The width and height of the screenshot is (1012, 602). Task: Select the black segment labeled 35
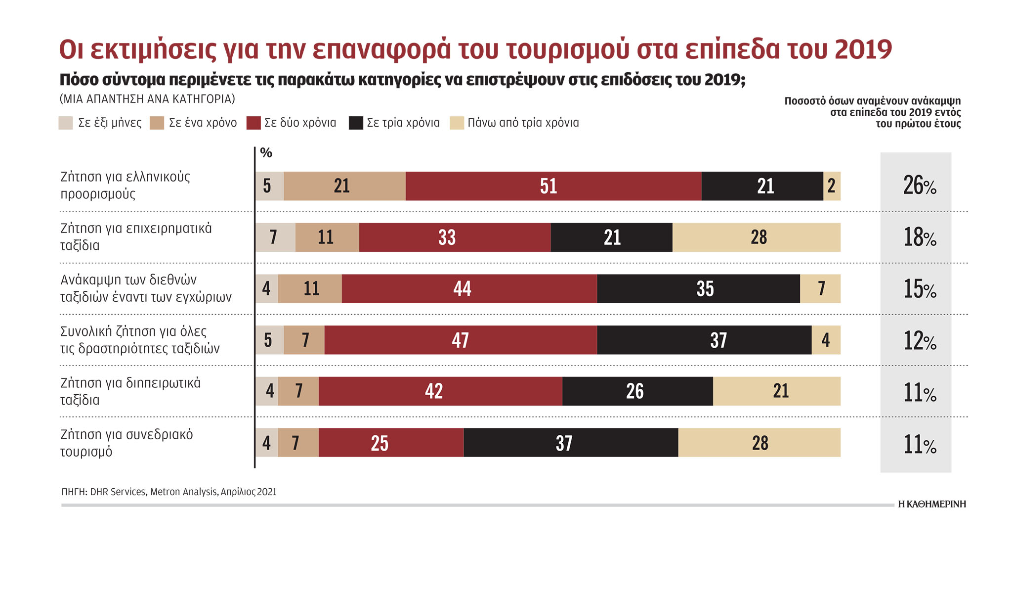pos(698,289)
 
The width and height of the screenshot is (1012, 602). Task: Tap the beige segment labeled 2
pos(832,186)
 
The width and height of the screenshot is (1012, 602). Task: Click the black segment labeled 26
pos(637,391)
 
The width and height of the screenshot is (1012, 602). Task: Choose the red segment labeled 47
pos(460,340)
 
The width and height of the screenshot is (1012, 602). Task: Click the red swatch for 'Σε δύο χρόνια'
pos(253,123)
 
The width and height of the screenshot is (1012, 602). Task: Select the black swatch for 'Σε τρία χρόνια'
pos(356,123)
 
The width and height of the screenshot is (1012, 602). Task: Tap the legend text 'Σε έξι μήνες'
pos(110,123)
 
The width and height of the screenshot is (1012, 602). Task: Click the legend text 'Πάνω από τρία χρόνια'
pos(523,123)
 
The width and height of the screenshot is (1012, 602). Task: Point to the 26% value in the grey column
pos(919,186)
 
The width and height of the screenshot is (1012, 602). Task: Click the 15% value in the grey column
pos(919,289)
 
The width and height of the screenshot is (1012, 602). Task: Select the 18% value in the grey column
pos(919,237)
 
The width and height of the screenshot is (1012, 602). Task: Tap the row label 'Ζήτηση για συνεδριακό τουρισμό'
pos(126,443)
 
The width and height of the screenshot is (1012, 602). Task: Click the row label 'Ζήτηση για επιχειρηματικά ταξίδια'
pos(136,237)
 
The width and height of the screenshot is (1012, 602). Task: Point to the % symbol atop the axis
pos(266,153)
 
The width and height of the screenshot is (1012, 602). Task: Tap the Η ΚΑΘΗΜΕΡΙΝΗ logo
pos(931,504)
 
